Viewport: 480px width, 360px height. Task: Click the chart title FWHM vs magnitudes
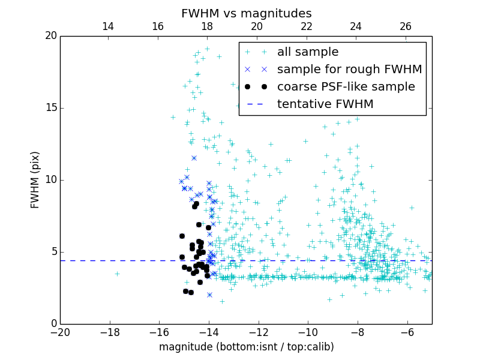pos(246,13)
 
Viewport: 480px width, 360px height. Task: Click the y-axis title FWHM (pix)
pos(35,179)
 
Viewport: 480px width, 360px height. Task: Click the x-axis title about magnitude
pos(246,347)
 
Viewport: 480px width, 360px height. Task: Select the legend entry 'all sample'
pos(308,52)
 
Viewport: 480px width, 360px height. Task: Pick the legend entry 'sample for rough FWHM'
pos(349,70)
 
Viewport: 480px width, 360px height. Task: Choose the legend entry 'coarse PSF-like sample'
pos(346,87)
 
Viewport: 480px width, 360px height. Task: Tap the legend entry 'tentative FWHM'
pos(325,104)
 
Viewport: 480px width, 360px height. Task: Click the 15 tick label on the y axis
pos(50,108)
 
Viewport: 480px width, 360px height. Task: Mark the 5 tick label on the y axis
pos(53,252)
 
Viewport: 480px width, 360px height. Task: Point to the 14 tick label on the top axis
pos(108,26)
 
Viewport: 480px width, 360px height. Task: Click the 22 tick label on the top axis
pos(307,26)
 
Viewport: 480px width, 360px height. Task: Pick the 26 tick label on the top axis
pos(406,26)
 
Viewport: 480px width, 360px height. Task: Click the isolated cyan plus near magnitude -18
pos(117,274)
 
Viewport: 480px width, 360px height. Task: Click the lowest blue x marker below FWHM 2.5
pos(209,295)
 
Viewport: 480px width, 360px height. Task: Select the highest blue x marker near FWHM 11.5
pos(194,158)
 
